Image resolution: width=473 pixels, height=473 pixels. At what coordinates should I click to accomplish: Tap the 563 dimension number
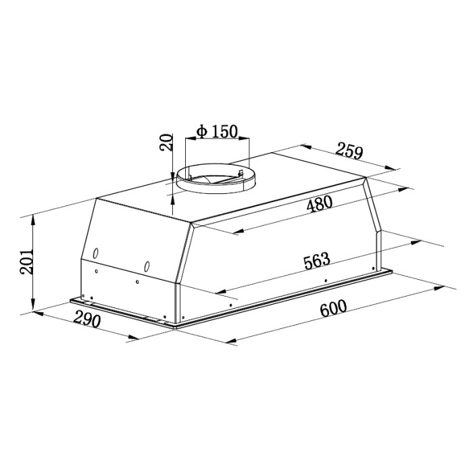(x=317, y=261)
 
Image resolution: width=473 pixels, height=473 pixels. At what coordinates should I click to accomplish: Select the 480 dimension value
(x=319, y=203)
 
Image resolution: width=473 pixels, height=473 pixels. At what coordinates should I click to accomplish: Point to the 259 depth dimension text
(x=349, y=151)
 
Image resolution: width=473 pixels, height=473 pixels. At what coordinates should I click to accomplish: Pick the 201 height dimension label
(x=26, y=262)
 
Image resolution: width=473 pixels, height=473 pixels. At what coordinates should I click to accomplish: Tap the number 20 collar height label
(x=166, y=142)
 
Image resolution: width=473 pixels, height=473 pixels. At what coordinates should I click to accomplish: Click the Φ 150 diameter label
(x=217, y=131)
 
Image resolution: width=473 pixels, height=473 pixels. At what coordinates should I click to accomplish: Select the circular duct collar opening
(x=216, y=177)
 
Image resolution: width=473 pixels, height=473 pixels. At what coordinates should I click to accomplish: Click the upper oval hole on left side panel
(x=96, y=253)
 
